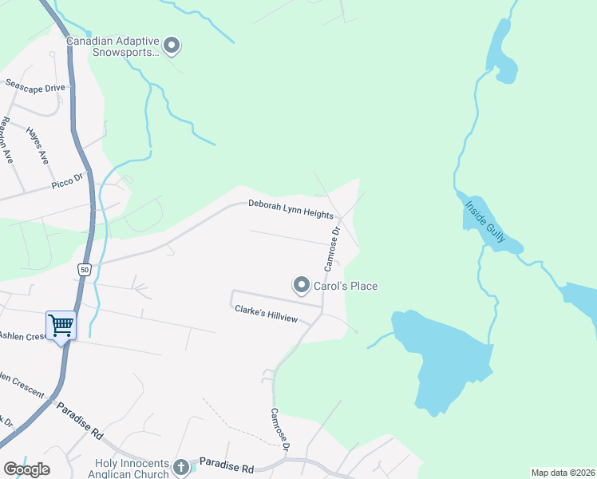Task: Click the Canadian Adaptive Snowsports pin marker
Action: click(172, 46)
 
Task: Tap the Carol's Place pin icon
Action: click(302, 284)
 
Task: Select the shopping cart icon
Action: click(61, 325)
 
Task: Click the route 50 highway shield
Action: click(84, 270)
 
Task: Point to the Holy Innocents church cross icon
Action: click(182, 466)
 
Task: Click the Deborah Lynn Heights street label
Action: click(290, 205)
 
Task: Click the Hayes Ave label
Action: click(38, 144)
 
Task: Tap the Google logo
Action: click(26, 469)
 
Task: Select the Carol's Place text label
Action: click(346, 286)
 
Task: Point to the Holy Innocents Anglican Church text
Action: click(132, 469)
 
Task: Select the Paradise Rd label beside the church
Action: click(226, 462)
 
